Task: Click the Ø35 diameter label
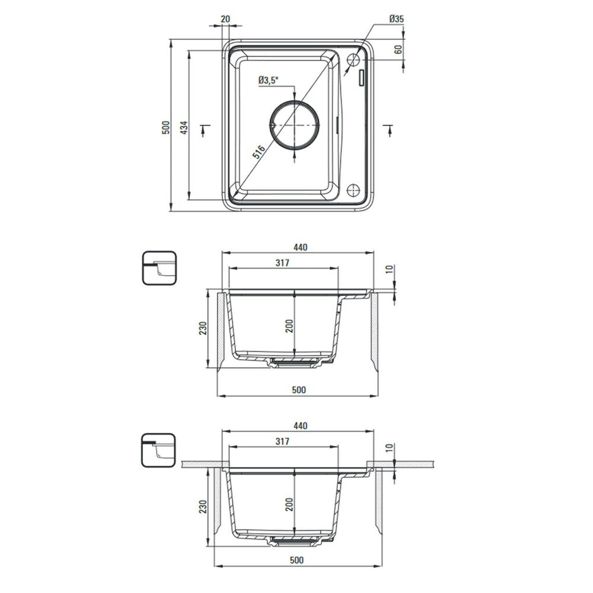[x=396, y=18]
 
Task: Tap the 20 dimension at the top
[x=225, y=18]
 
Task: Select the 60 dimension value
[x=398, y=49]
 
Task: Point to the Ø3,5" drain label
[x=268, y=80]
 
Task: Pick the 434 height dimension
[x=183, y=128]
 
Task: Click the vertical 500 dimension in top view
[x=165, y=128]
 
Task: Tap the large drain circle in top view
[x=295, y=101]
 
